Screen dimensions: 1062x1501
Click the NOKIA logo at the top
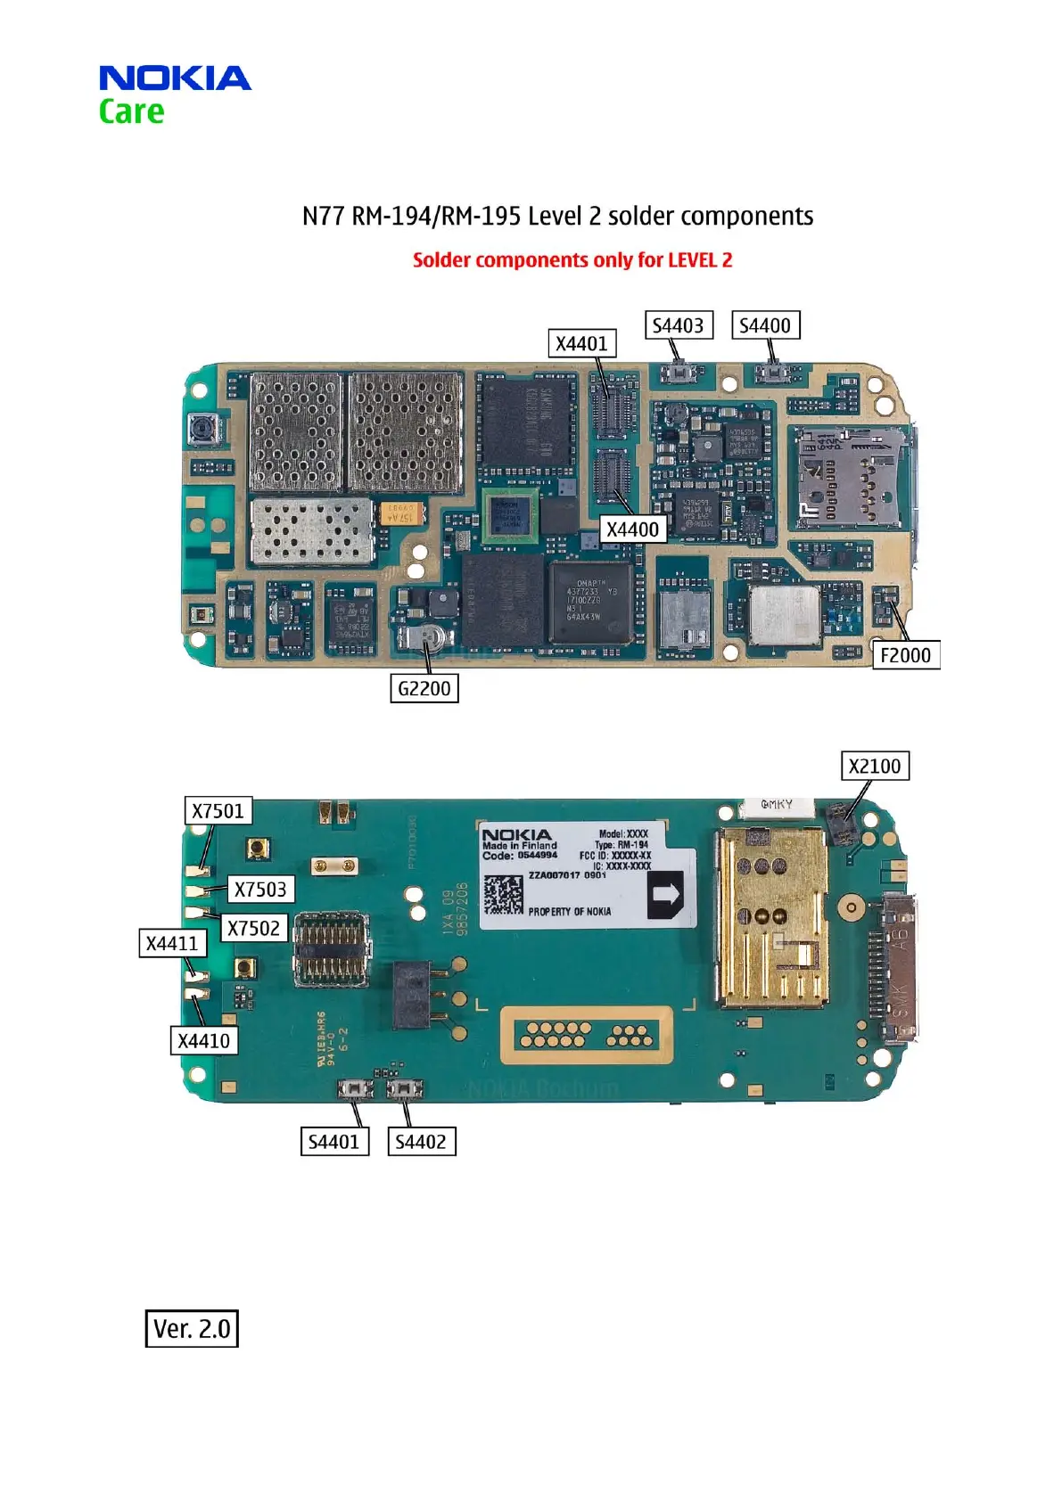coord(175,78)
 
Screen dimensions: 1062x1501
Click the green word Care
coord(131,112)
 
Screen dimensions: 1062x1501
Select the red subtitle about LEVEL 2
coord(572,260)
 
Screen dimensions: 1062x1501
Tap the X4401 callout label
coord(581,344)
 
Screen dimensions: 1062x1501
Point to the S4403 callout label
coord(678,325)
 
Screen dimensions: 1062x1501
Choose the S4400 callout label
coord(765,325)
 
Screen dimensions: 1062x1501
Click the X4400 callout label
coord(632,529)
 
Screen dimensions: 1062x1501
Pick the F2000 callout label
coord(905,655)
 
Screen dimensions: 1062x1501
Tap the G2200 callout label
coord(424,688)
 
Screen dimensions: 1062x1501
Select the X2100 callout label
coord(875,767)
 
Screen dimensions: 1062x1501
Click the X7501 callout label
coord(218,811)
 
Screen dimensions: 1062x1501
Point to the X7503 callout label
coord(260,890)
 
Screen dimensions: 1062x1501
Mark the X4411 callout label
coord(172,943)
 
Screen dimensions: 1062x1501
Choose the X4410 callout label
coord(203,1041)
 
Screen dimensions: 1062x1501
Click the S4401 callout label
coord(333,1142)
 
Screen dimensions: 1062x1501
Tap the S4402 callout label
coord(421,1142)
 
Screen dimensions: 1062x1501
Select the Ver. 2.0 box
coord(192,1328)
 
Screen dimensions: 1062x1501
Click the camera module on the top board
coord(204,430)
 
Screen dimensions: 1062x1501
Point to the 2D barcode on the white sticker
coord(504,894)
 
